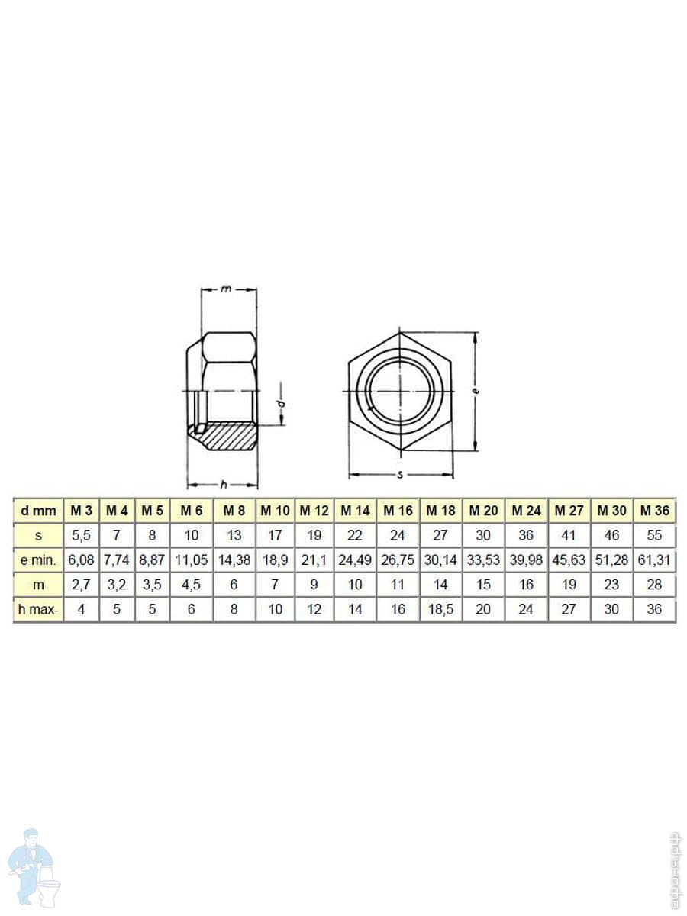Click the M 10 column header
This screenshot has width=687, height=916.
(275, 510)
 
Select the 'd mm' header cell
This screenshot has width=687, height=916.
(38, 510)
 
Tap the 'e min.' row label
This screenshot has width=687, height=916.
(38, 560)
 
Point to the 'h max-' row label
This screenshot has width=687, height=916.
(38, 609)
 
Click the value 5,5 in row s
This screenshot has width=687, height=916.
(82, 535)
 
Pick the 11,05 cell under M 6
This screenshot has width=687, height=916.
(192, 560)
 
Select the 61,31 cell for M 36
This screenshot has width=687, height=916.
(654, 560)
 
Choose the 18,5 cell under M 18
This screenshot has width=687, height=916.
(440, 609)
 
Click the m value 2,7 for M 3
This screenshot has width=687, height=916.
(82, 585)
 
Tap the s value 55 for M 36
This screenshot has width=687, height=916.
(654, 535)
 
